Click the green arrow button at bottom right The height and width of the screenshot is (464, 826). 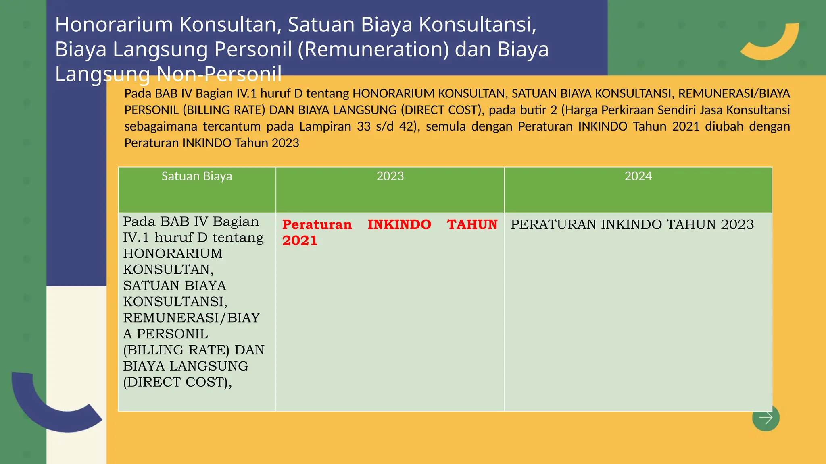tap(766, 418)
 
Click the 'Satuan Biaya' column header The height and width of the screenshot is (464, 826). tap(197, 176)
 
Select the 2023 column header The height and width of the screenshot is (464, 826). tap(390, 176)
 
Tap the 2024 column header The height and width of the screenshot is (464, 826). tap(638, 176)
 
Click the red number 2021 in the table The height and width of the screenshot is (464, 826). tap(300, 241)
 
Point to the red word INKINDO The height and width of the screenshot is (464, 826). tap(399, 224)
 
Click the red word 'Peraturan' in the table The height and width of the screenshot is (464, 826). tap(317, 224)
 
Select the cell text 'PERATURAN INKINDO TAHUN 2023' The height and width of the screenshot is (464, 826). tap(632, 224)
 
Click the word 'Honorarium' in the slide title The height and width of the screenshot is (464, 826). tap(114, 25)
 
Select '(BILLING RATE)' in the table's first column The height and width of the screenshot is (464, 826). tap(176, 350)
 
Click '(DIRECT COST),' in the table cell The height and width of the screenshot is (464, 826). tap(177, 382)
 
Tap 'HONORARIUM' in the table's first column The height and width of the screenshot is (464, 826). tap(173, 254)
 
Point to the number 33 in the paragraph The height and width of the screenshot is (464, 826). tap(363, 126)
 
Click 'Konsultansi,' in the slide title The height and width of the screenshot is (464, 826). tap(478, 25)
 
